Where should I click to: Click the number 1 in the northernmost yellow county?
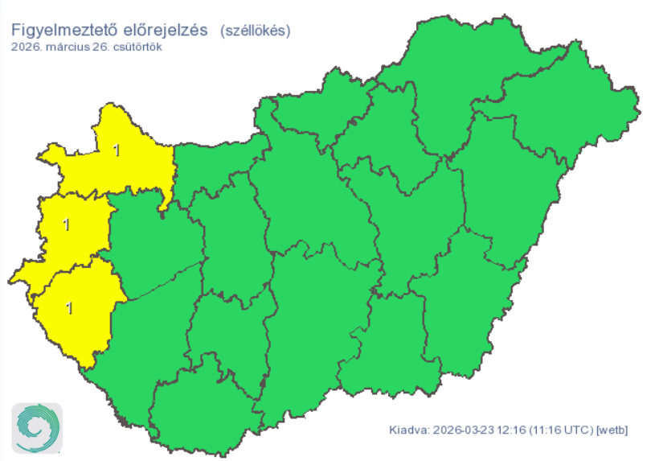[117, 150]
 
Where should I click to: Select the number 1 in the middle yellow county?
[66, 225]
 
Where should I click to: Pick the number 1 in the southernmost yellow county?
[69, 307]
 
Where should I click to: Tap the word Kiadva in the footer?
[407, 430]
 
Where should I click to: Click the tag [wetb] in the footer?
[611, 430]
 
